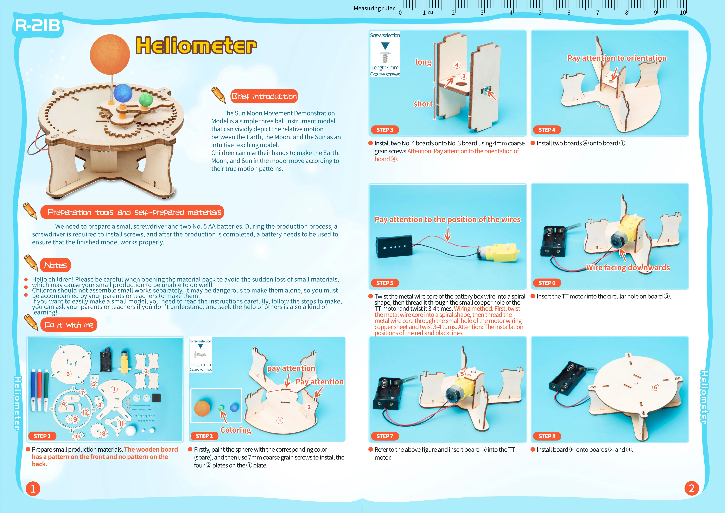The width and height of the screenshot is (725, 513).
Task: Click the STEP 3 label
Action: [385, 130]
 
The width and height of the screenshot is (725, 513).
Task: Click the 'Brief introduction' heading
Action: [264, 96]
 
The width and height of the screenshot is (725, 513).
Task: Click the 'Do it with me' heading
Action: [69, 325]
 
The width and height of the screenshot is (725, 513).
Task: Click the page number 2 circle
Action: [692, 488]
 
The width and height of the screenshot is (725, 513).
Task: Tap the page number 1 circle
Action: [33, 489]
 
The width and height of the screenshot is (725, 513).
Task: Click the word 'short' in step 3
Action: [423, 104]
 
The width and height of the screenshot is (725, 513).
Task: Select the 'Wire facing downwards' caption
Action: [628, 268]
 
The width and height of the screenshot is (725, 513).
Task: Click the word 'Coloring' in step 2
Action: [236, 430]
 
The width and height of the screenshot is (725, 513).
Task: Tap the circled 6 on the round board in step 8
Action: [656, 387]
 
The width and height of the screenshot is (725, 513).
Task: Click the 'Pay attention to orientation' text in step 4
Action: [617, 58]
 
